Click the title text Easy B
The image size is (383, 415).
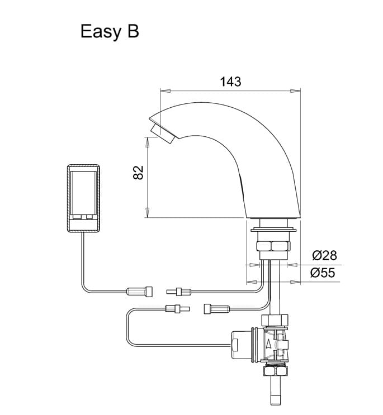(110, 31)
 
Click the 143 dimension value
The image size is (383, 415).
(230, 82)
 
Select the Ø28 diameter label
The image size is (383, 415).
(324, 256)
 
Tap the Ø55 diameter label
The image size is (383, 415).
(324, 273)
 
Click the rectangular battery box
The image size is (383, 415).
(84, 198)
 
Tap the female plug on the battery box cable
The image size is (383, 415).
(140, 290)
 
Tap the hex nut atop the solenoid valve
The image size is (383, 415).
(276, 321)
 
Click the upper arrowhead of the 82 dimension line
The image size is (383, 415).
(148, 142)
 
